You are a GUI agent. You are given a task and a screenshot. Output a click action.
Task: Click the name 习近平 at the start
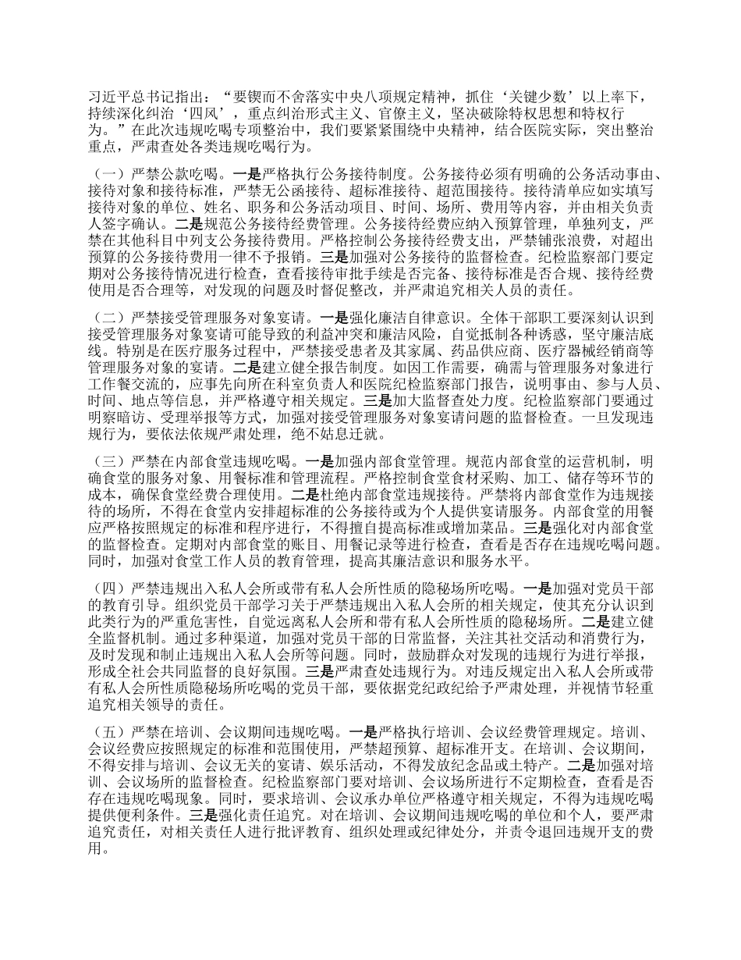(106, 96)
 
